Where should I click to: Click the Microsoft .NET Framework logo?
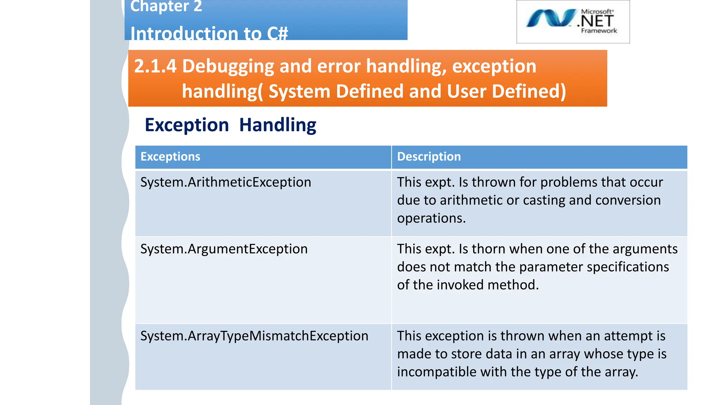[573, 21]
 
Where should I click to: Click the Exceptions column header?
[170, 157]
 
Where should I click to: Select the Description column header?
[429, 157]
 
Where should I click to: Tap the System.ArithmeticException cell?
[226, 182]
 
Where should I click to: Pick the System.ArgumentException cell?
[224, 249]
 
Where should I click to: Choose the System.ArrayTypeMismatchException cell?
[254, 336]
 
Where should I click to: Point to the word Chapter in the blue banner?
[160, 6]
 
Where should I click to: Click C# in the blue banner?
[277, 34]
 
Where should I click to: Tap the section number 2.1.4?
[155, 66]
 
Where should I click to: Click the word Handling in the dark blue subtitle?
[278, 125]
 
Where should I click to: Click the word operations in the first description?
[431, 219]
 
